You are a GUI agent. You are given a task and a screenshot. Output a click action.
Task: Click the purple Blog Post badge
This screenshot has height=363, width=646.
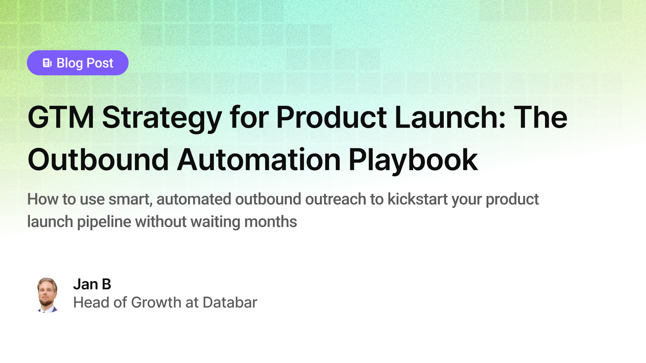point(78,63)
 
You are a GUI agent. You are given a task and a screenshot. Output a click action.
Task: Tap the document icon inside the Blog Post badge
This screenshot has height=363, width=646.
point(47,63)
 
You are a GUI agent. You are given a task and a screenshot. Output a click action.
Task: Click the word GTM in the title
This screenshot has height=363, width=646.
point(61,117)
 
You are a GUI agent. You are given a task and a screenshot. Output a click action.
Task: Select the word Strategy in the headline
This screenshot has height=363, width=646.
point(162,117)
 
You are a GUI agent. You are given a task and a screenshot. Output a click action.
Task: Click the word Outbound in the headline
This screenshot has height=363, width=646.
point(98,160)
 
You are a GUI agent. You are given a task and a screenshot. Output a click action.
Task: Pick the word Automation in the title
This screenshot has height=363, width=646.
point(259,160)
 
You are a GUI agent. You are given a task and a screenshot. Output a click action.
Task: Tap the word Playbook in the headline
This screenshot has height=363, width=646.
point(413,160)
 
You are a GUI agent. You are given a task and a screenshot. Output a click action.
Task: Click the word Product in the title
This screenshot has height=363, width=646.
point(331,117)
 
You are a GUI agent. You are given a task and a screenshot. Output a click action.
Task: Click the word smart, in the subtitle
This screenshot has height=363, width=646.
point(130,199)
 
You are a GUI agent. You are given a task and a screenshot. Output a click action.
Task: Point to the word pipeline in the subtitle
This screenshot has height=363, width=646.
point(104,222)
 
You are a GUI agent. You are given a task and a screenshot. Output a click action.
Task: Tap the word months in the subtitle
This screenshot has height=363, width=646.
point(271,222)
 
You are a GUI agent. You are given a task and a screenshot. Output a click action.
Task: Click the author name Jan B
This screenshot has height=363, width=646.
point(92,284)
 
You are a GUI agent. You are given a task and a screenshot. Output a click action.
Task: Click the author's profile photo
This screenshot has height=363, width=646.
point(47,295)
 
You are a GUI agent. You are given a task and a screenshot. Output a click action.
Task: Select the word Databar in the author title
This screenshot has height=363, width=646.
point(230,302)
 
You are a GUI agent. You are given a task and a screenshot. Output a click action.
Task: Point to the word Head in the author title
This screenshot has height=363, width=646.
point(91,302)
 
